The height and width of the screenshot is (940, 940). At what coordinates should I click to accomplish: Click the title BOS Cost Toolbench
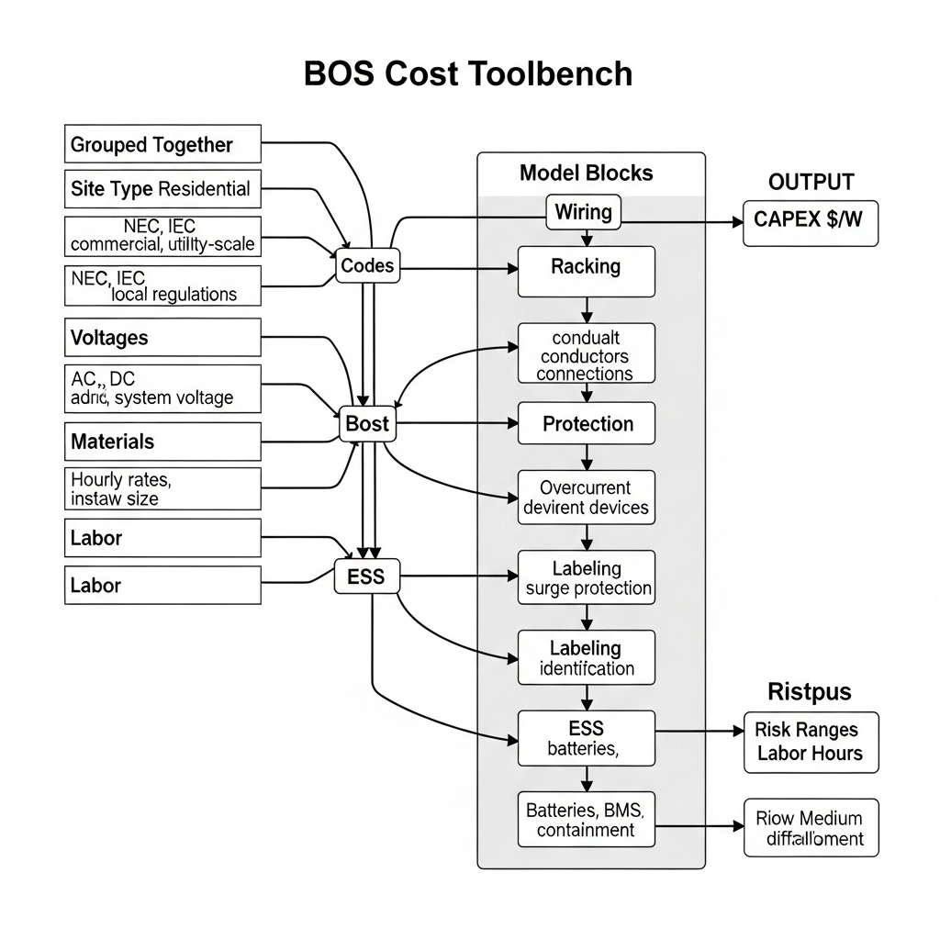(x=468, y=73)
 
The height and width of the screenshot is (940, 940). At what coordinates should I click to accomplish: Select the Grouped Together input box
(x=162, y=145)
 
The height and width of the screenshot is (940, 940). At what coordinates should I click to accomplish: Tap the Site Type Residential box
(x=162, y=189)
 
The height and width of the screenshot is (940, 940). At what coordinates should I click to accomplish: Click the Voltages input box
(x=162, y=338)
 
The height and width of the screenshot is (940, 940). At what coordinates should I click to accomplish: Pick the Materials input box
(x=162, y=442)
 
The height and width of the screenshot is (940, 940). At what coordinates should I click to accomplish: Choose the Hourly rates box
(x=162, y=488)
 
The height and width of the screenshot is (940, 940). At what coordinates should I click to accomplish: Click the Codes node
(x=366, y=266)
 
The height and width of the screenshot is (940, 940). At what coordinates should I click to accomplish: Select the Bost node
(x=367, y=424)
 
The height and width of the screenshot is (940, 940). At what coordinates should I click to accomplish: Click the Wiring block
(x=584, y=212)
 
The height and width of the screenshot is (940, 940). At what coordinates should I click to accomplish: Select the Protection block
(x=587, y=424)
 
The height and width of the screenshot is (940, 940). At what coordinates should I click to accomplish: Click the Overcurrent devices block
(x=587, y=498)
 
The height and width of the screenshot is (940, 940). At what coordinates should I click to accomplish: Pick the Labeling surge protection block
(x=587, y=577)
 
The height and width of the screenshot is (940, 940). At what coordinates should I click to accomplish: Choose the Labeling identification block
(x=587, y=657)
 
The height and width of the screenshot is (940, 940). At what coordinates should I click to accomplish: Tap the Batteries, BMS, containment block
(x=587, y=820)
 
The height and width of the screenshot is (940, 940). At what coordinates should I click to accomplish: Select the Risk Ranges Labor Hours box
(x=810, y=742)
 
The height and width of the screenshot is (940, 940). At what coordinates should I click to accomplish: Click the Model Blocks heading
(x=586, y=173)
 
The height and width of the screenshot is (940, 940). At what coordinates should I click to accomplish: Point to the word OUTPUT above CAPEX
(x=811, y=182)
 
